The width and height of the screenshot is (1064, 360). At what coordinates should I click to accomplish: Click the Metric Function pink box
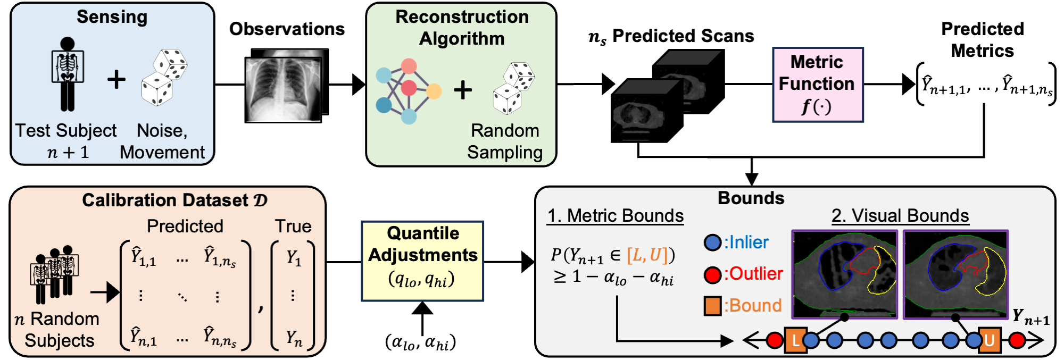pyautogui.click(x=817, y=85)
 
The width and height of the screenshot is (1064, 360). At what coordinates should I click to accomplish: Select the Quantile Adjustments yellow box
pyautogui.click(x=422, y=261)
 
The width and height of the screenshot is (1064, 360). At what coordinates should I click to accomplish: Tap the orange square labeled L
pyautogui.click(x=795, y=340)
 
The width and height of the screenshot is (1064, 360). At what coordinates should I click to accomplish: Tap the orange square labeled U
pyautogui.click(x=989, y=340)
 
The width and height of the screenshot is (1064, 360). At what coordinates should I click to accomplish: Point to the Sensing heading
pyautogui.click(x=112, y=17)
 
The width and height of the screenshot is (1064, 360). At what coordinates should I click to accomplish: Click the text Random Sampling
pyautogui.click(x=504, y=141)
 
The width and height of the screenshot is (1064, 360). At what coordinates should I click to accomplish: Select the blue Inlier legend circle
pyautogui.click(x=712, y=243)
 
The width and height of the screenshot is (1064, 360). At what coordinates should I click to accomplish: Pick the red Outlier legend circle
pyautogui.click(x=712, y=274)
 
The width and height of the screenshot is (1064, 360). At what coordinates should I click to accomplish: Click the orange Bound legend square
pyautogui.click(x=712, y=306)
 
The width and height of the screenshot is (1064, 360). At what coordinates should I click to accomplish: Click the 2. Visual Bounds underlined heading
pyautogui.click(x=900, y=215)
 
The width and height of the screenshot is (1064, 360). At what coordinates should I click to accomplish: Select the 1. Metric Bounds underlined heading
pyautogui.click(x=616, y=215)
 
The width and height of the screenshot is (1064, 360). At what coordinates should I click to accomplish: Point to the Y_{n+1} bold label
pyautogui.click(x=1030, y=317)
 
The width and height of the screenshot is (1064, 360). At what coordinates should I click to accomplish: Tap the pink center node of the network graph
pyautogui.click(x=409, y=88)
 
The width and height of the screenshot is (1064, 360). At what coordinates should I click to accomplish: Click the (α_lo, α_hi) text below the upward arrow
pyautogui.click(x=420, y=342)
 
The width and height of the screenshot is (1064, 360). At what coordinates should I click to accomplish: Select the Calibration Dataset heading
pyautogui.click(x=174, y=200)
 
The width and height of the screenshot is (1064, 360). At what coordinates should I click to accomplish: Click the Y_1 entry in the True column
pyautogui.click(x=294, y=258)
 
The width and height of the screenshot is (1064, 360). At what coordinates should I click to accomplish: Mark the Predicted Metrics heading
pyautogui.click(x=982, y=40)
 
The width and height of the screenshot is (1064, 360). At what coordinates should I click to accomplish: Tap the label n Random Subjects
pyautogui.click(x=57, y=330)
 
